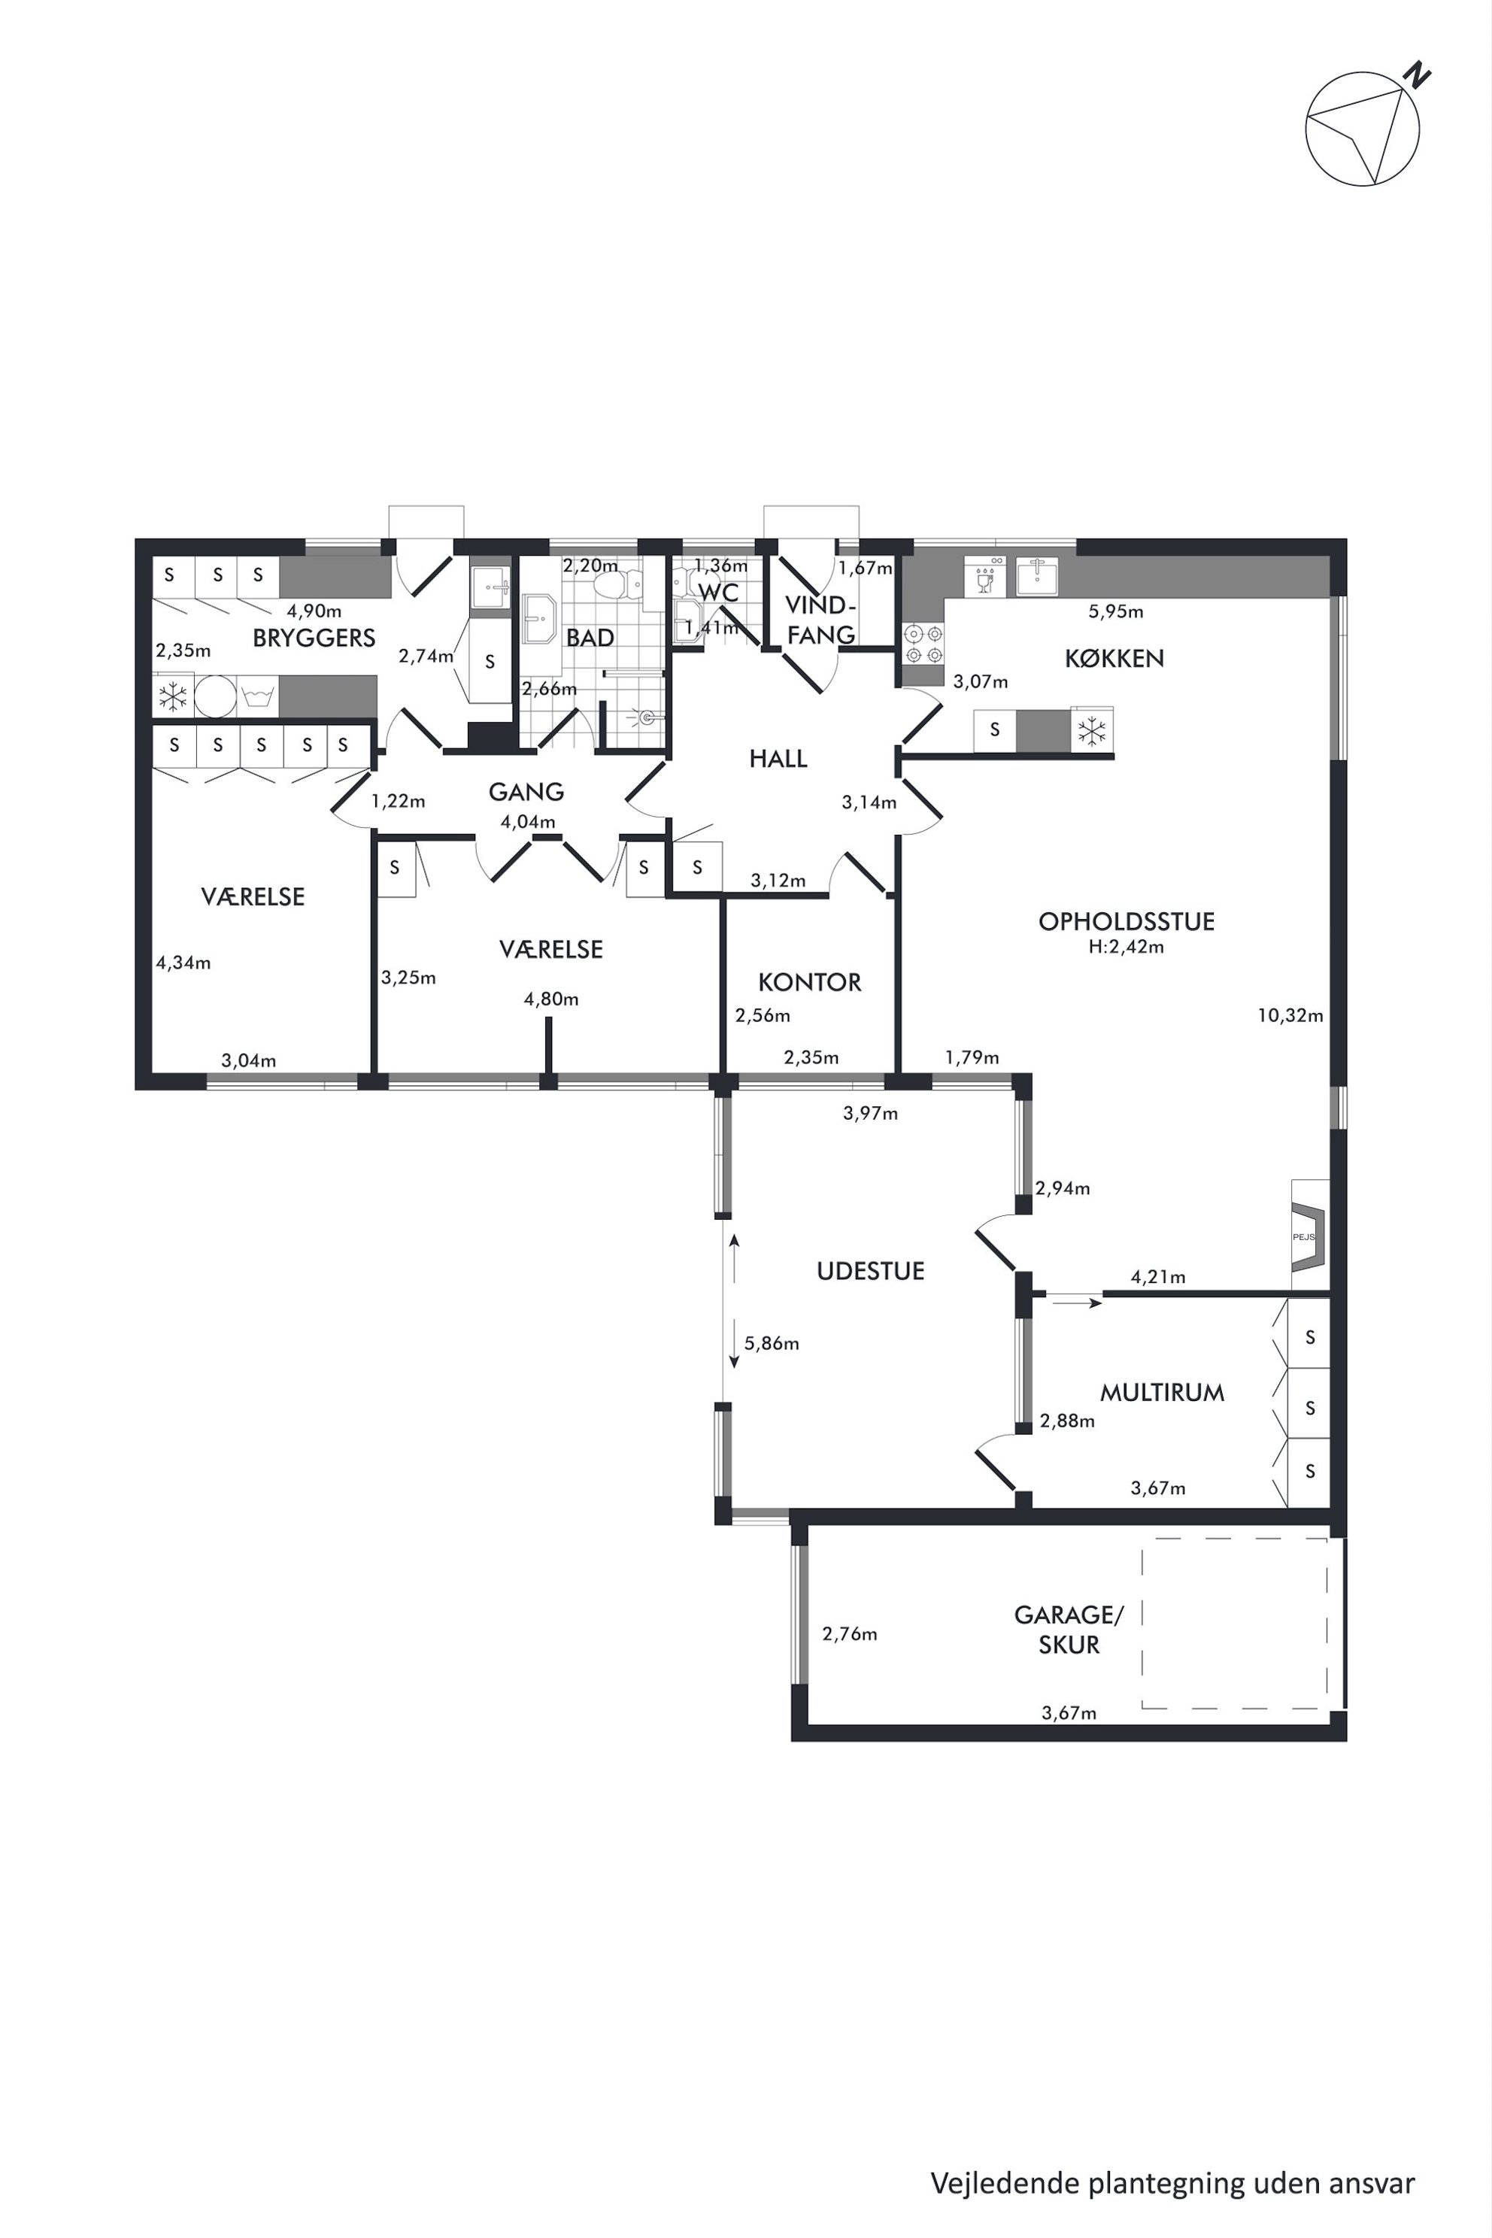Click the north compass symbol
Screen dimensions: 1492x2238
pos(1363,128)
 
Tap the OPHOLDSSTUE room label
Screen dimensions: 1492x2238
pos(1127,921)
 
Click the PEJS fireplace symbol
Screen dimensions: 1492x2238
pos(1305,1236)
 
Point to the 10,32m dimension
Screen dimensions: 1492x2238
pos(1290,1015)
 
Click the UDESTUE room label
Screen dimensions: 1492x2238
pos(871,1271)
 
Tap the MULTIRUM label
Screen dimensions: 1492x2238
pos(1162,1393)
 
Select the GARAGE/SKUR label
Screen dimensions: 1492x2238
pos(1069,1629)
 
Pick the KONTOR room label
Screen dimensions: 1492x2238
pos(810,982)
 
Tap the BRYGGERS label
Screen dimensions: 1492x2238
pos(314,638)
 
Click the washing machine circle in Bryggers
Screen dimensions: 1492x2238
pos(215,696)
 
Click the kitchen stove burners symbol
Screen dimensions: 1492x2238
pos(923,643)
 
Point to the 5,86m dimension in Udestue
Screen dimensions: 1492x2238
pos(772,1344)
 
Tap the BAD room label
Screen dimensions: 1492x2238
pos(590,638)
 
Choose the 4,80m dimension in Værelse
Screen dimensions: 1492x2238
pos(551,999)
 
